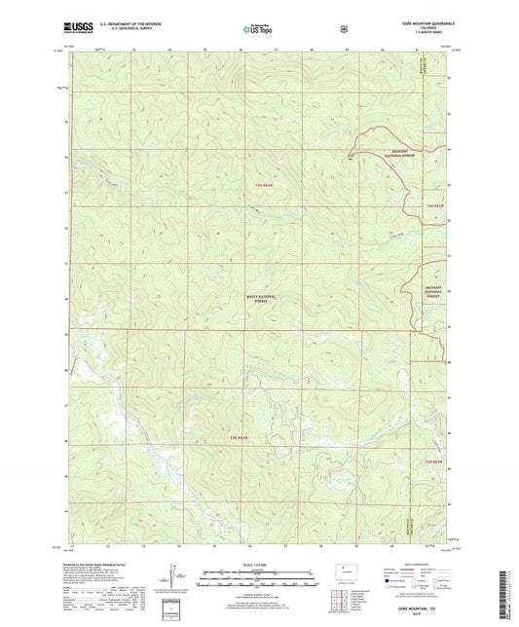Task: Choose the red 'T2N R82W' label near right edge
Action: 437,461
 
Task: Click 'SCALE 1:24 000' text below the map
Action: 259,564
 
